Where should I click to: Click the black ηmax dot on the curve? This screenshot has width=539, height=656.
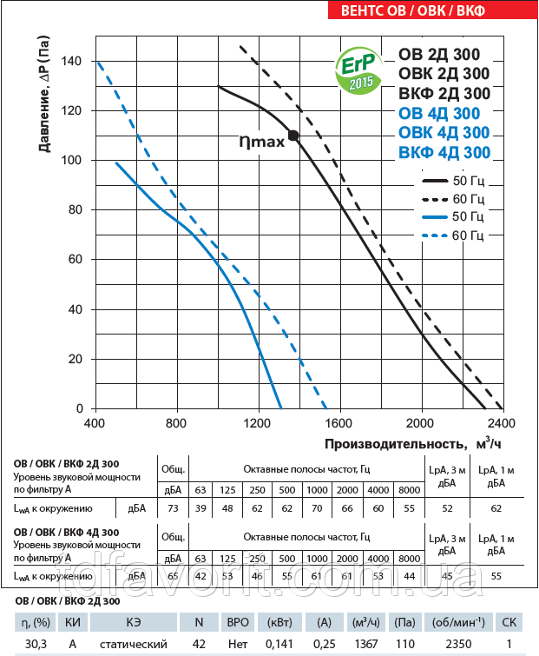click(x=293, y=135)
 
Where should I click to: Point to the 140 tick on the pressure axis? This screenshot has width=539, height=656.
click(x=70, y=61)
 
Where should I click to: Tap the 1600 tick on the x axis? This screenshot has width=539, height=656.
click(x=340, y=424)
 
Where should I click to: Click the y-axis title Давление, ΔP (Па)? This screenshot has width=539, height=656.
click(x=43, y=103)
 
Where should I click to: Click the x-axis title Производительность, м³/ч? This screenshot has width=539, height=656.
click(x=413, y=444)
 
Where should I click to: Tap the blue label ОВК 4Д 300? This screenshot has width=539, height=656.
click(x=444, y=133)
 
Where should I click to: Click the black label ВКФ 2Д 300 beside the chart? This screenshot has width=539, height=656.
click(x=444, y=94)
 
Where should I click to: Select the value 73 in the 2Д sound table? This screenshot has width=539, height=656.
click(x=172, y=507)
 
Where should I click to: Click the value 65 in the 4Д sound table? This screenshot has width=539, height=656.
click(x=172, y=575)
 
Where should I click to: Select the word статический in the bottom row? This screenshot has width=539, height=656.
click(x=133, y=644)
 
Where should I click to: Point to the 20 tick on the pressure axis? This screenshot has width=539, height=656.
click(x=75, y=359)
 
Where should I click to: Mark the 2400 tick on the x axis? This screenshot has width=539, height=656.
click(x=503, y=424)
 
